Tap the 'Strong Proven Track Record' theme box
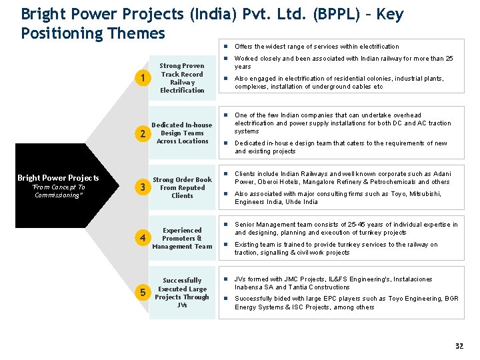182,79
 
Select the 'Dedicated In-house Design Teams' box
182,133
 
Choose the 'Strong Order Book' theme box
182,187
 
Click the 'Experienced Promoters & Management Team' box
182,238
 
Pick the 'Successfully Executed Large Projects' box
182,293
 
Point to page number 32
459,346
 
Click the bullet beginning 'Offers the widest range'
317,47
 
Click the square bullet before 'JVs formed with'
227,279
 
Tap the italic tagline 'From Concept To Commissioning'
59,191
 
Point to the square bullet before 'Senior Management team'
227,224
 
